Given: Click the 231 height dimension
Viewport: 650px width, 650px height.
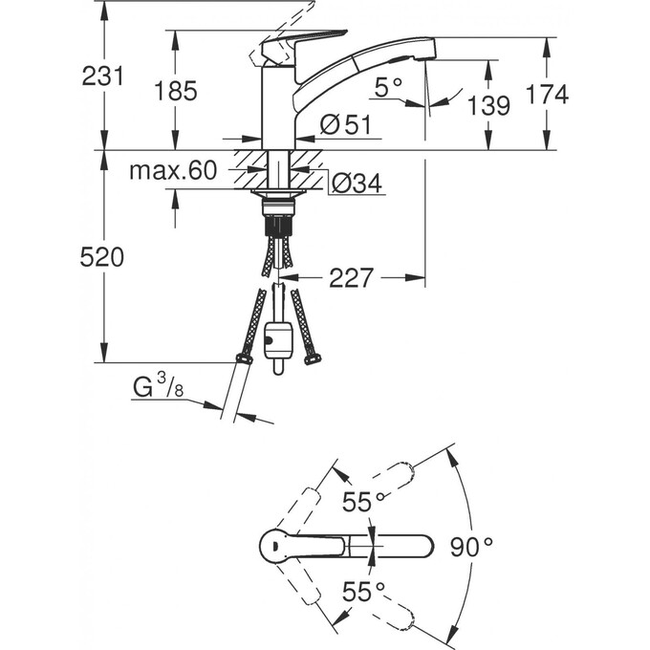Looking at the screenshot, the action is click(x=102, y=76).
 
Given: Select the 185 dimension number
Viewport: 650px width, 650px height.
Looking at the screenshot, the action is click(x=175, y=91).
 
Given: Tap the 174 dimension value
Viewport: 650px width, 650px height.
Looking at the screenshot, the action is click(x=547, y=94).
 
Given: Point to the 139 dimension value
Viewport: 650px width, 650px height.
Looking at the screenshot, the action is click(x=488, y=105).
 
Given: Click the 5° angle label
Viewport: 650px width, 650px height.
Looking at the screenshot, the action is click(x=388, y=87).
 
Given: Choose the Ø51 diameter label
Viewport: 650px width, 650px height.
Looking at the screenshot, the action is click(x=346, y=124).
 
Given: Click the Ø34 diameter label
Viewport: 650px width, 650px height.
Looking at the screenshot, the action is click(x=357, y=183).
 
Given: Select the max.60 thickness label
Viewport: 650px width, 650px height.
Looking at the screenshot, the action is click(x=173, y=170).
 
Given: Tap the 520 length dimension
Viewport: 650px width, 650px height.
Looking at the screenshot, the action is click(x=102, y=257).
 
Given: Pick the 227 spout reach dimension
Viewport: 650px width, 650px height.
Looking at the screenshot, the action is click(x=351, y=278).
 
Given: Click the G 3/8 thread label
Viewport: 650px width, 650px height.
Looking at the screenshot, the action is click(x=158, y=386).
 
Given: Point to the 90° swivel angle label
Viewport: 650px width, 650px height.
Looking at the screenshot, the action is click(x=471, y=547).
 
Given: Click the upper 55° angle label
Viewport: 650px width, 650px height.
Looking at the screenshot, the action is click(x=363, y=502).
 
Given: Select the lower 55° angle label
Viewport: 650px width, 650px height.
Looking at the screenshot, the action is click(x=363, y=591).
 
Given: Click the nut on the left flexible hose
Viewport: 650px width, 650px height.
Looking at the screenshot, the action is click(x=244, y=358).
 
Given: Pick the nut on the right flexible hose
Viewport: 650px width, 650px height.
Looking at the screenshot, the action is click(x=313, y=359).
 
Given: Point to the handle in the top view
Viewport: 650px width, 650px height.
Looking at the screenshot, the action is click(x=303, y=546).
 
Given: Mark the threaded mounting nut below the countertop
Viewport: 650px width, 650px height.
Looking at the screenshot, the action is click(x=278, y=206).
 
